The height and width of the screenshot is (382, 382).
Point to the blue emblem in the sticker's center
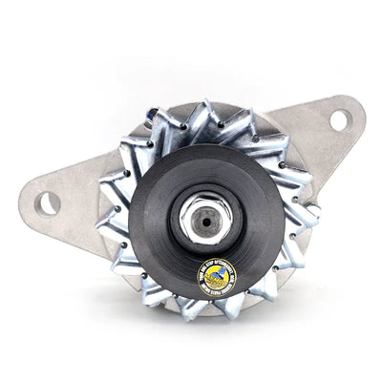click(217, 277)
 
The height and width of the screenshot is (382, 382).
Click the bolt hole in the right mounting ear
click(338, 120)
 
